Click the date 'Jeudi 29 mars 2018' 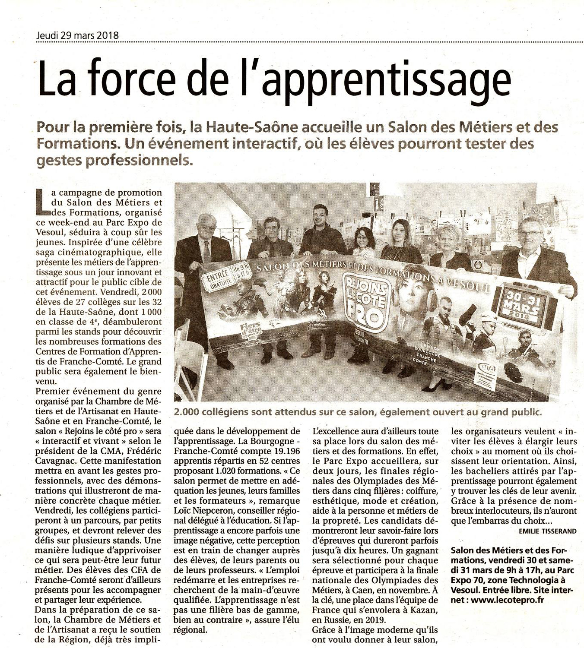(x=77, y=36)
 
